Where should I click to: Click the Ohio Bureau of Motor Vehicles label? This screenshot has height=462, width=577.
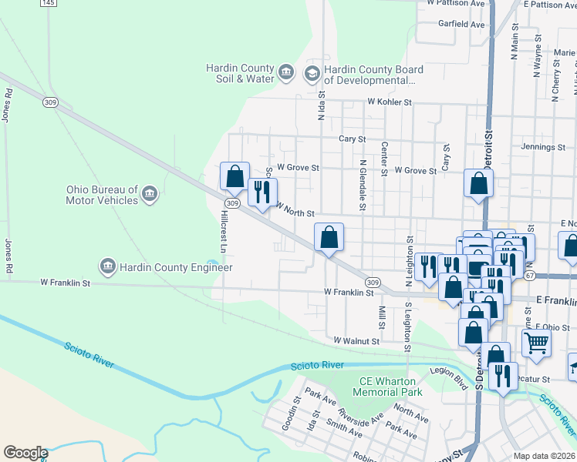click(x=101, y=195)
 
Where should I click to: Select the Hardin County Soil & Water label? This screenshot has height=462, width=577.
click(x=240, y=73)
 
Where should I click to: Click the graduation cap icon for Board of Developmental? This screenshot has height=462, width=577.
click(x=312, y=74)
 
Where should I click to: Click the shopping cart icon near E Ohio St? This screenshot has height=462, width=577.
click(x=536, y=343)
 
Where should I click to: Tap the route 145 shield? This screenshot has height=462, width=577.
click(x=48, y=3)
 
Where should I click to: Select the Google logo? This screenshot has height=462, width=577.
click(x=25, y=453)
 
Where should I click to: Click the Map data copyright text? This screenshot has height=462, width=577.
click(x=545, y=456)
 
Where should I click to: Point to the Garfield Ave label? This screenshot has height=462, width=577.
click(x=461, y=24)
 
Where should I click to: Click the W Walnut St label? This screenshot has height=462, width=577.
click(x=356, y=340)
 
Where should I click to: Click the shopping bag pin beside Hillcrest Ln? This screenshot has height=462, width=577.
click(x=235, y=176)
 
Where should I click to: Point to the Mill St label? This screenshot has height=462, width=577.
click(x=382, y=315)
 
